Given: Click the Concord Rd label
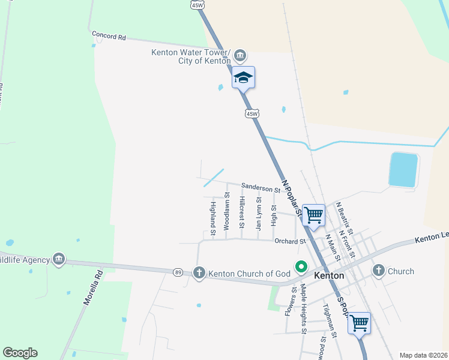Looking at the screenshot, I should [x=109, y=37].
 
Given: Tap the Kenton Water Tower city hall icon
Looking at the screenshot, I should [x=240, y=56].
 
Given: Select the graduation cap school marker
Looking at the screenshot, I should [x=243, y=77].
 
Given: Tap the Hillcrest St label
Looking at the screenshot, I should [x=242, y=212].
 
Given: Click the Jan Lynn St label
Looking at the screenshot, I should [x=259, y=214].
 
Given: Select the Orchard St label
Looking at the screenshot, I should [x=291, y=241].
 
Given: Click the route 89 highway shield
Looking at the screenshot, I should [x=178, y=272].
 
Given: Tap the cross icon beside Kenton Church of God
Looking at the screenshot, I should [x=199, y=273].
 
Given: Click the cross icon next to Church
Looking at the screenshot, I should [x=378, y=271].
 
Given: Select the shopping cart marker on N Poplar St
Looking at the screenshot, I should [x=313, y=214].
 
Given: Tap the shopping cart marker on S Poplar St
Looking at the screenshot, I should [x=359, y=323].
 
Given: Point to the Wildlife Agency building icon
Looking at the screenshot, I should [x=58, y=259].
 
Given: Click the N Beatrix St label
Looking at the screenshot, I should [x=345, y=217].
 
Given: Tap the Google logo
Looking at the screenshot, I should [x=20, y=353].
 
